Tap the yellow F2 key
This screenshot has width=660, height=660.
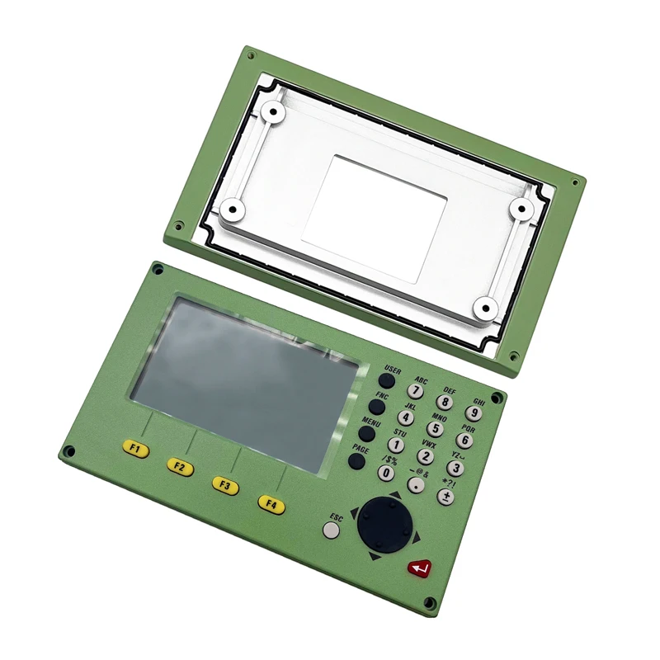(179, 468)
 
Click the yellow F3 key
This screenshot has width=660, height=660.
(224, 486)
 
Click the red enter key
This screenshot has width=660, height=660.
(419, 568)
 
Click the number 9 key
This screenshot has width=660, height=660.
(474, 413)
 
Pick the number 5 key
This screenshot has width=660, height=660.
(435, 429)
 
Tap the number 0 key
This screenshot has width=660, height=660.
(386, 473)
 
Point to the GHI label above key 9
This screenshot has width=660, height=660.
(478, 401)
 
